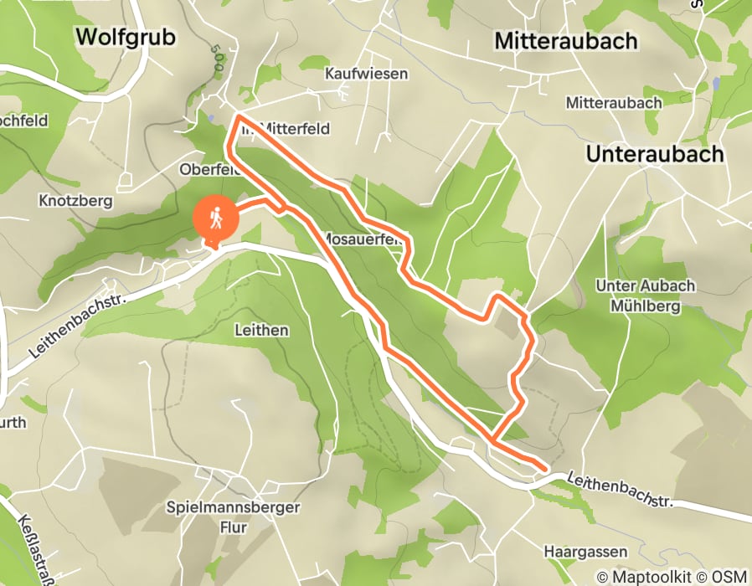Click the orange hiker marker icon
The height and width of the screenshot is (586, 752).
click(x=216, y=219)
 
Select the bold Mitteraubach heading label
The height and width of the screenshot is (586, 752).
click(x=565, y=40)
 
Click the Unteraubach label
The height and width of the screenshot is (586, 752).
click(x=654, y=154)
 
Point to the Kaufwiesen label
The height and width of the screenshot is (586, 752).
click(x=366, y=74)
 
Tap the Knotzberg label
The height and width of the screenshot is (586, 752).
click(x=70, y=201)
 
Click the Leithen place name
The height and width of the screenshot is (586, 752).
click(x=261, y=330)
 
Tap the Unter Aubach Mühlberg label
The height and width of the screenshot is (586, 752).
click(x=645, y=295)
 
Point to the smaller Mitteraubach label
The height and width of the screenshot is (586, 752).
click(x=614, y=103)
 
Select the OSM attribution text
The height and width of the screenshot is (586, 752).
click(x=729, y=576)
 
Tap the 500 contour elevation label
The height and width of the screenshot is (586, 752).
click(x=215, y=60)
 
